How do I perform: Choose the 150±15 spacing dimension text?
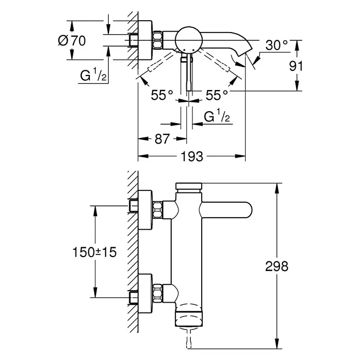[93, 252]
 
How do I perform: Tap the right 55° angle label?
[217, 95]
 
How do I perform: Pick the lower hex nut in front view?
[157, 292]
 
